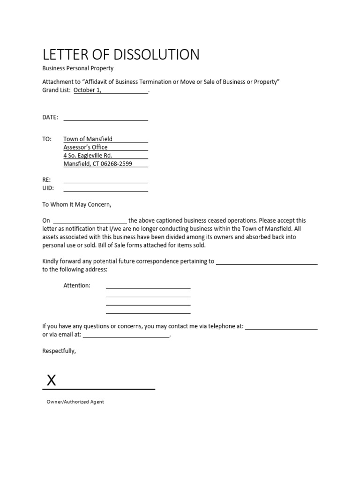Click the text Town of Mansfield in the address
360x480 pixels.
(x=88, y=139)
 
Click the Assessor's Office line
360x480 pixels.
(x=85, y=147)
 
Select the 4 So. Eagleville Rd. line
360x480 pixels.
(x=88, y=156)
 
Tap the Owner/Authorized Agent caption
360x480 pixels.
(x=75, y=402)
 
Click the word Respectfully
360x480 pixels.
(x=59, y=351)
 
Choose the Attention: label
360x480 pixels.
(x=77, y=285)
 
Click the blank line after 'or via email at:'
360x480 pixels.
(x=126, y=335)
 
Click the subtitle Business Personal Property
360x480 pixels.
(x=78, y=68)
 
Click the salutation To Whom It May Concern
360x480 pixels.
(x=77, y=204)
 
